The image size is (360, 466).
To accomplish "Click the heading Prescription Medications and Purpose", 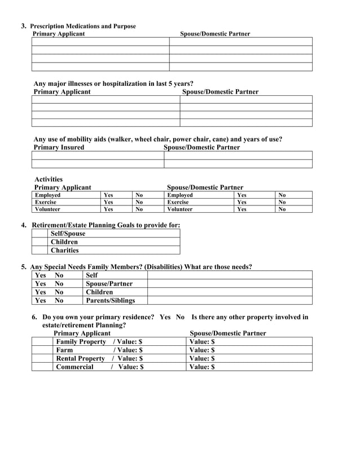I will (x=82, y=26).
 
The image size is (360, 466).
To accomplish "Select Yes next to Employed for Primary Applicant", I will (x=108, y=195).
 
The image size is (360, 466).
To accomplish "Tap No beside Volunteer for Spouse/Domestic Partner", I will (x=282, y=209).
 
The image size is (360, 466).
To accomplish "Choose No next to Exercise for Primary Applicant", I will (x=139, y=202).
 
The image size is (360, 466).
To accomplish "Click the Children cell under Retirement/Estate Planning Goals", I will (x=64, y=242).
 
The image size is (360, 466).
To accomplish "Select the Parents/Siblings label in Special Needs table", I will (x=110, y=301).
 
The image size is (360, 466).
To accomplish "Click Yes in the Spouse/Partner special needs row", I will (x=41, y=284).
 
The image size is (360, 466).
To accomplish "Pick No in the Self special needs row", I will (x=59, y=275).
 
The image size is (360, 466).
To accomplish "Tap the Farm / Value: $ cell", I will (x=99, y=350).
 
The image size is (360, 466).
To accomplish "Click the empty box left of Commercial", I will (x=42, y=367).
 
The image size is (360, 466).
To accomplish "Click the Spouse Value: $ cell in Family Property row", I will (x=248, y=341).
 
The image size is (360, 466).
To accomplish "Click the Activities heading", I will (x=49, y=179).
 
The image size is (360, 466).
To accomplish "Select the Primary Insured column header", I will (x=59, y=147).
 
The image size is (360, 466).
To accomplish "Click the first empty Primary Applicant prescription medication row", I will (x=100, y=41).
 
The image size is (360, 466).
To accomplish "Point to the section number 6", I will (x=35, y=317).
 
